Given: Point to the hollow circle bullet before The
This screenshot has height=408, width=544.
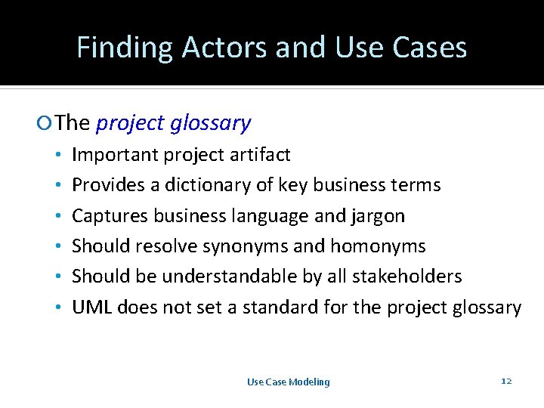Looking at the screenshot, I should pos(48,123).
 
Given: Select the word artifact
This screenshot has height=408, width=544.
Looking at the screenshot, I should pos(261,156).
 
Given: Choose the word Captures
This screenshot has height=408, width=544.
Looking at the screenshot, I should pos(110,216).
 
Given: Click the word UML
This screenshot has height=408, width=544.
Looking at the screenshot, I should pos(88,308).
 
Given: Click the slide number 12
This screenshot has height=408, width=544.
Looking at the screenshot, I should pos(506,381).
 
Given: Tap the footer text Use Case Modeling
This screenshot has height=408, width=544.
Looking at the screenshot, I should pos(289,382).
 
